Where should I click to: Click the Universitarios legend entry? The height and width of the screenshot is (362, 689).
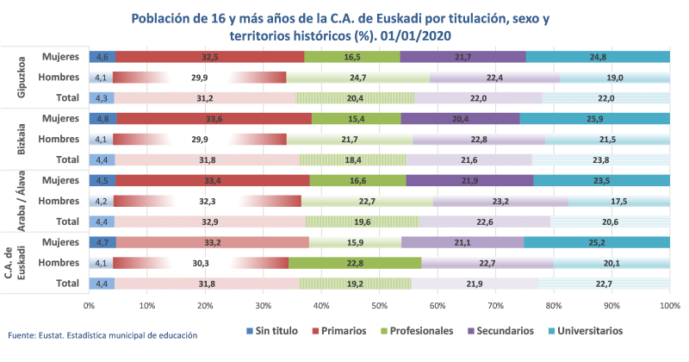click(589, 330)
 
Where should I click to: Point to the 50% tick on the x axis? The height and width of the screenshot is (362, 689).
click(379, 306)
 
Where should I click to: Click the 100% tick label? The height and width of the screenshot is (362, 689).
click(669, 306)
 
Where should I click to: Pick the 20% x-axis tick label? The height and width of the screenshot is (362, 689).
click(205, 306)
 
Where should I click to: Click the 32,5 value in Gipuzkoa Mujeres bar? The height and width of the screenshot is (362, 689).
click(209, 57)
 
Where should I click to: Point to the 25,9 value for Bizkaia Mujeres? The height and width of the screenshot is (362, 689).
click(594, 118)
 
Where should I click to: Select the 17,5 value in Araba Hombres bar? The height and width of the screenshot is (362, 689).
click(619, 202)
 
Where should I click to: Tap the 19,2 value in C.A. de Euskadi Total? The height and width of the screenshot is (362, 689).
click(355, 283)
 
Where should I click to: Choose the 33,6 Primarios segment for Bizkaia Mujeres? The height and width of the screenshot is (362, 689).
click(214, 118)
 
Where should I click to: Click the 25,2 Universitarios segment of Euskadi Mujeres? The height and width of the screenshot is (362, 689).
click(596, 242)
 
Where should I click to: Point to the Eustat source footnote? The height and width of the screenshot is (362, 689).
click(102, 334)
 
